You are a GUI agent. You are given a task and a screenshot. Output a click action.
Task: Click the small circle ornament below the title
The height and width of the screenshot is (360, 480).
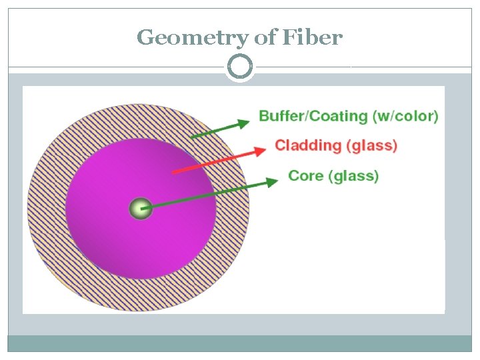(x=239, y=67)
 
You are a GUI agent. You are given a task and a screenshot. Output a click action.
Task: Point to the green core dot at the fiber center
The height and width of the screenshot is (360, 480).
(x=140, y=209)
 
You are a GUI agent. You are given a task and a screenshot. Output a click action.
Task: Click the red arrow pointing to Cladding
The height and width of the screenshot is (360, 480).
(x=220, y=159)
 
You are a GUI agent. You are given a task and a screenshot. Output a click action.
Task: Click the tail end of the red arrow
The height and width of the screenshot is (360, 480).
(x=174, y=173)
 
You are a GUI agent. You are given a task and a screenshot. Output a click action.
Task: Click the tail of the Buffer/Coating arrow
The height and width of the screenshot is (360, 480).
(x=191, y=137)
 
